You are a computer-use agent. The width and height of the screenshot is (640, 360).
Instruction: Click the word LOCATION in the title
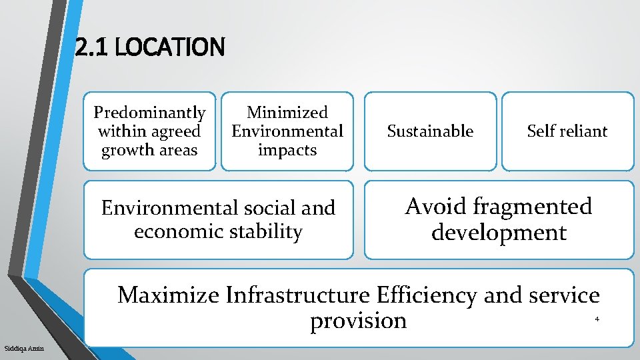tap(170, 47)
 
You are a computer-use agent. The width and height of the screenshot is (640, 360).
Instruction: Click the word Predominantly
tap(149, 113)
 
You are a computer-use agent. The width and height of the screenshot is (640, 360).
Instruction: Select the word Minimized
tap(287, 113)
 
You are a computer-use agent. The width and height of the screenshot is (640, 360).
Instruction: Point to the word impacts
tap(287, 150)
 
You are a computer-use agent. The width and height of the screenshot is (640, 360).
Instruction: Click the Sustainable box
tap(430, 131)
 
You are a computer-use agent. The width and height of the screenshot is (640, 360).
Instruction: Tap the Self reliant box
tap(567, 131)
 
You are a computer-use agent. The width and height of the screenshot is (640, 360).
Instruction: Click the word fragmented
tap(533, 207)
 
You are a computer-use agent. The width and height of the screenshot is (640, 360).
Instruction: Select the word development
tap(499, 233)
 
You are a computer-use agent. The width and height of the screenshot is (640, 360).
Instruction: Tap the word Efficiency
tap(427, 295)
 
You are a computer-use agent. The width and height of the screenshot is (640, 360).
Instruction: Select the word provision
tap(358, 321)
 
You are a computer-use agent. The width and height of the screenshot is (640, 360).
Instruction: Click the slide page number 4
tap(597, 319)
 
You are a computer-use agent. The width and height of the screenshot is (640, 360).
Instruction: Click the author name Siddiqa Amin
tap(24, 349)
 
